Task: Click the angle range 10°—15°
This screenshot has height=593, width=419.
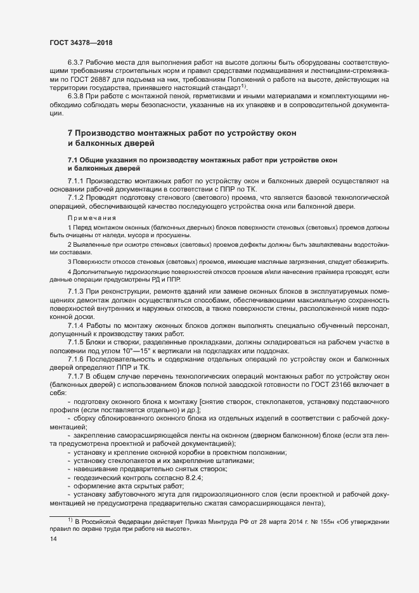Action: click(145, 351)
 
